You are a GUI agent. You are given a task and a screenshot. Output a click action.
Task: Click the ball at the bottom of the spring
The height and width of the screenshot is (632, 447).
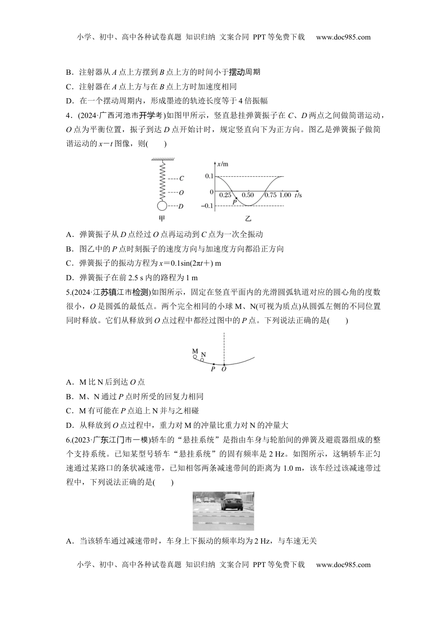point(162,205)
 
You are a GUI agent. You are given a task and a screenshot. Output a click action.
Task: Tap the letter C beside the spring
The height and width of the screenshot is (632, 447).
point(182,179)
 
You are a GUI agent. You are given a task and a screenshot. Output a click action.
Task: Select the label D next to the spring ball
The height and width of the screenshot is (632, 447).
point(181,206)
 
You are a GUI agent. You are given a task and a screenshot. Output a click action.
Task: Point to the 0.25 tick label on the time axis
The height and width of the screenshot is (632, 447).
point(226,195)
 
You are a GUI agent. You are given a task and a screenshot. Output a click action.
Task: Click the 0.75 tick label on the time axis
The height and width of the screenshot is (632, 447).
point(270,195)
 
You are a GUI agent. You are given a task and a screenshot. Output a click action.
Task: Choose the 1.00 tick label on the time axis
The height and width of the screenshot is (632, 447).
point(285,195)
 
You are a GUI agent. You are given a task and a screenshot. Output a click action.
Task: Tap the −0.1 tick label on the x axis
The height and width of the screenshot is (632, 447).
point(207,206)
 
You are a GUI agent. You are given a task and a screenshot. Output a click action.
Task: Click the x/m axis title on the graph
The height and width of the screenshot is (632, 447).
point(223,164)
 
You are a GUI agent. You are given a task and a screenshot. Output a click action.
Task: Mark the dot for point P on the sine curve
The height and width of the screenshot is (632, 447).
point(236,198)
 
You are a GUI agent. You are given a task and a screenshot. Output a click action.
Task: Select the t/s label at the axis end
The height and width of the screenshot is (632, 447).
point(298,194)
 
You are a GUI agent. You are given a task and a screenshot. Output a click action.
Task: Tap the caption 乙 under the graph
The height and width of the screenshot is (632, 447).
point(247,219)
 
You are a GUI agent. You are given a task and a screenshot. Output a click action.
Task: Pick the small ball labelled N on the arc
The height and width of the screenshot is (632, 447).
point(202,360)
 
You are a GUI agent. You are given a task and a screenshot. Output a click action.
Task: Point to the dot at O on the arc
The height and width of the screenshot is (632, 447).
point(224,364)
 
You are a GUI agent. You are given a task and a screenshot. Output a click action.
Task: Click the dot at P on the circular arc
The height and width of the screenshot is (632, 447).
point(214,364)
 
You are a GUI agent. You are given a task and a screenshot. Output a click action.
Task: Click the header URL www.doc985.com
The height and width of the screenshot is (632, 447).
point(343,37)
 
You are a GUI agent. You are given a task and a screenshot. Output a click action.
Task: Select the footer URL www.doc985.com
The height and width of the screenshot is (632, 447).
point(343,564)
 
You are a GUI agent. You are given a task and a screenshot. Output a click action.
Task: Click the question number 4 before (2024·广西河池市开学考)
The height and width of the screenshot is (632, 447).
point(68,116)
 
